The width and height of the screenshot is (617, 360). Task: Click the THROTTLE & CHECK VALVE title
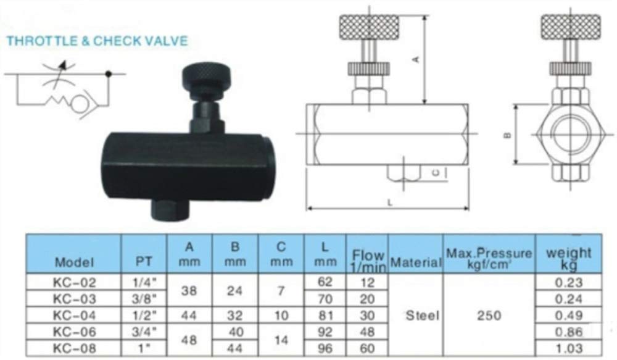tap(96, 42)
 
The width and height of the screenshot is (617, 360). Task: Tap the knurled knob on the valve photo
tap(207, 76)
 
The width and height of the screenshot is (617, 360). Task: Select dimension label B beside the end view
tap(506, 134)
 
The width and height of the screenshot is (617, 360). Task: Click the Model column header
tap(75, 262)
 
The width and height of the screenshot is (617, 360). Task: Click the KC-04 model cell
tap(75, 315)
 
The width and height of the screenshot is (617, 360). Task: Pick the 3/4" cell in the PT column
tap(144, 332)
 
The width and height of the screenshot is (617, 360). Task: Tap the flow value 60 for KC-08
tap(366, 348)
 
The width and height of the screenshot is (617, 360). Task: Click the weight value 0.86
tap(568, 332)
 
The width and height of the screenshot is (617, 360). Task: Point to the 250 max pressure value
tap(489, 316)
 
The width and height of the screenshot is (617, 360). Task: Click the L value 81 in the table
tap(325, 315)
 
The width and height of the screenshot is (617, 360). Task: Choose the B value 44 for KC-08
tap(235, 348)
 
